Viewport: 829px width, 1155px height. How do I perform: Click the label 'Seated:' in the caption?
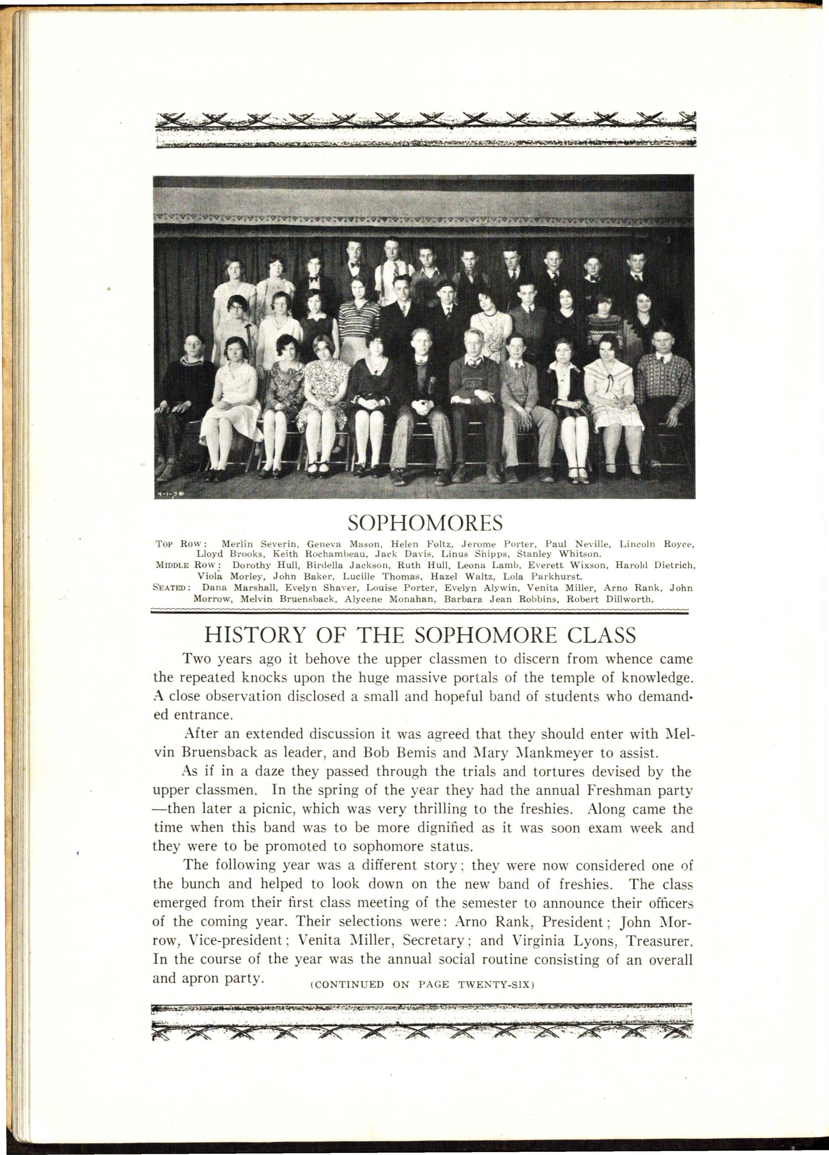[172, 588]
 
